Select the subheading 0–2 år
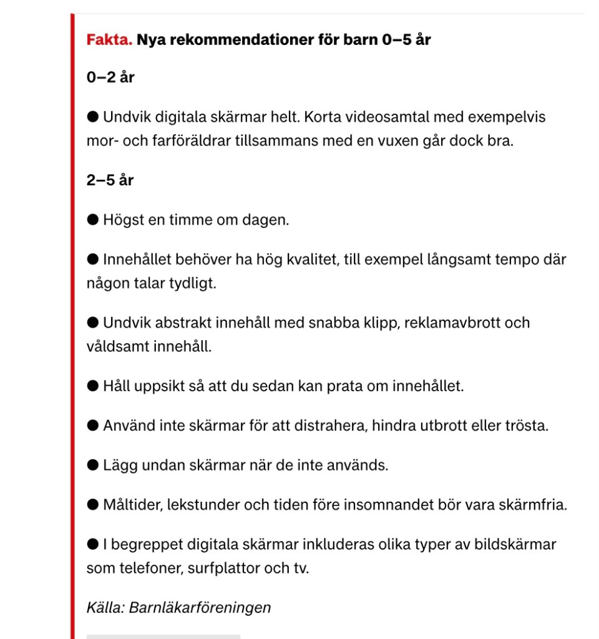click(x=110, y=79)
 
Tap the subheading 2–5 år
click(x=110, y=180)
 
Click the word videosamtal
click(x=382, y=117)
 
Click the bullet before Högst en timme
click(x=93, y=220)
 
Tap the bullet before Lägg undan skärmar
click(x=93, y=465)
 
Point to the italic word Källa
click(x=105, y=607)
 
